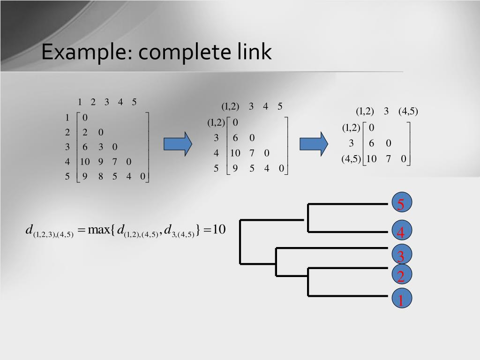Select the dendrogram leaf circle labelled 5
[401, 204]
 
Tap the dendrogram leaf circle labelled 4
[401, 232]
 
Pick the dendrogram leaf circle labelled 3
[401, 256]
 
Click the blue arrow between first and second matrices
[178, 143]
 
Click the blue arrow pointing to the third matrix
[314, 143]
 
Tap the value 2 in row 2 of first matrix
[85, 132]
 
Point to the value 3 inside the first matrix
[101, 147]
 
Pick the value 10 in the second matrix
[235, 153]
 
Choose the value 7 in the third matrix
[388, 158]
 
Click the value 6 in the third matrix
[371, 143]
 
